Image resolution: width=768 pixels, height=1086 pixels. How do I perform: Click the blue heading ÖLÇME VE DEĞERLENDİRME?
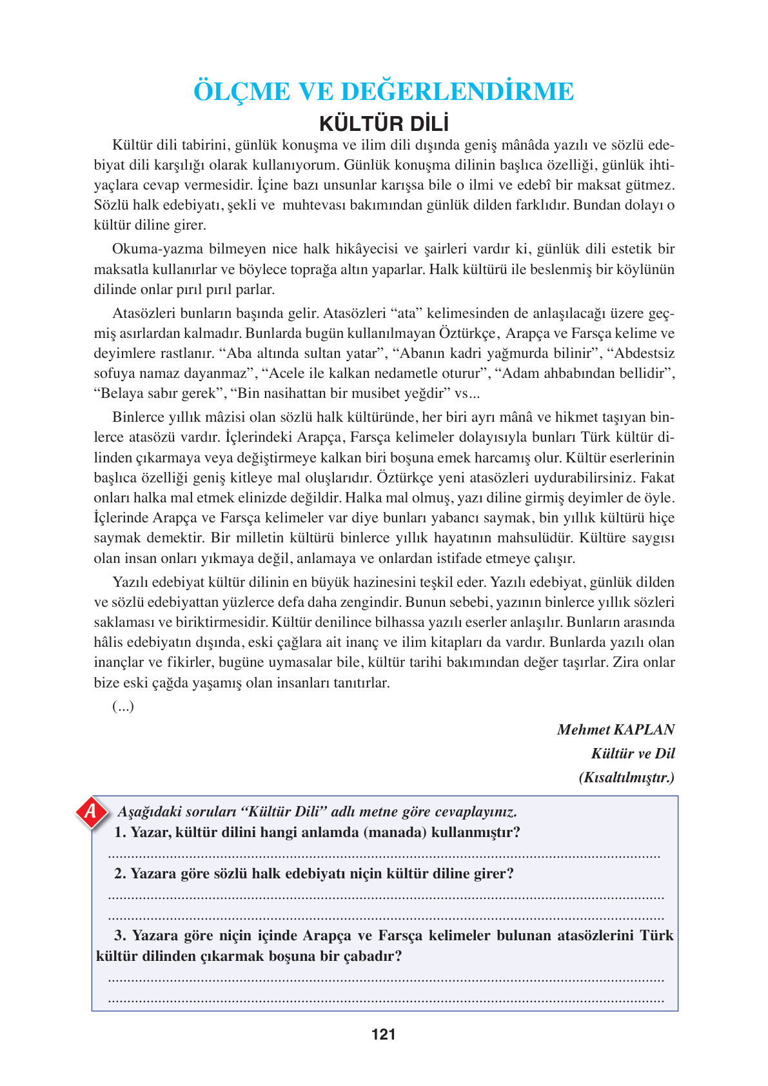pos(384,92)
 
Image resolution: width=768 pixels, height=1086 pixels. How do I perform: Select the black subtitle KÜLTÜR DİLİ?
pos(384,123)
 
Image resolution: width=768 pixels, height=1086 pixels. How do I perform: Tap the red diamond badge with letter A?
pos(91,811)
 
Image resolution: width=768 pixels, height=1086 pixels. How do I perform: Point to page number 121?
pos(384,1034)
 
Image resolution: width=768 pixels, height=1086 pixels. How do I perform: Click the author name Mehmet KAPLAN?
pos(615,729)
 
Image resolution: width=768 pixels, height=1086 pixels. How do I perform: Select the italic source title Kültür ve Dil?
pos(633,753)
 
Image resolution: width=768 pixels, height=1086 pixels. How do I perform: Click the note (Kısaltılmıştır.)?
pos(626,777)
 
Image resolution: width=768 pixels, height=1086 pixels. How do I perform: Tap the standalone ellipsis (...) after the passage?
pos(123,706)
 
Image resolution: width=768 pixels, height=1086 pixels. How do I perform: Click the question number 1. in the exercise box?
pos(120,832)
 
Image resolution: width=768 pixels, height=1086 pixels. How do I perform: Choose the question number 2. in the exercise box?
pos(120,873)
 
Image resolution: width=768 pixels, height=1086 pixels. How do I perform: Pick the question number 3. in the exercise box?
pos(120,935)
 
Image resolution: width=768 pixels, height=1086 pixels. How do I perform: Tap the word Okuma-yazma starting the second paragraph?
pos(148,249)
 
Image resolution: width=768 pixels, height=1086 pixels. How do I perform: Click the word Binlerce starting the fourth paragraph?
pos(139,417)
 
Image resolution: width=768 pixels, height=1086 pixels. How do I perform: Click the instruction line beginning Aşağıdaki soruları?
pos(317,811)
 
